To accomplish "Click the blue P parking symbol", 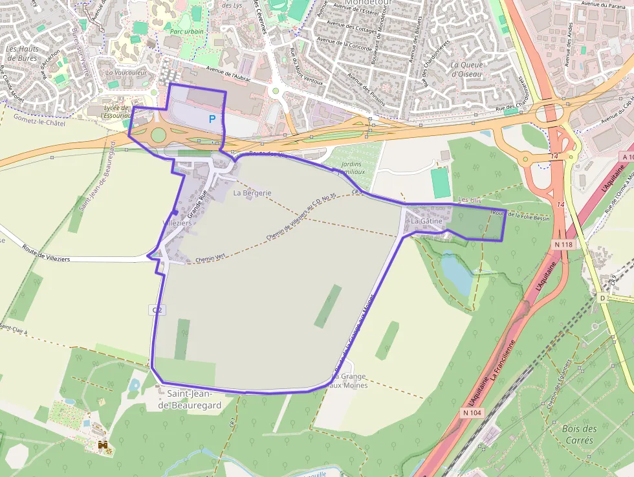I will [x=212, y=119].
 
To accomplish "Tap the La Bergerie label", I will [x=252, y=193].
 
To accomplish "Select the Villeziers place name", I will [x=177, y=223].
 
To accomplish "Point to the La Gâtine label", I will [x=427, y=221].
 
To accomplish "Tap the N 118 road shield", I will [x=564, y=245].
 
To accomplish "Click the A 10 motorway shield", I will [x=627, y=157].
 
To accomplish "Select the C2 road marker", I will [x=157, y=311].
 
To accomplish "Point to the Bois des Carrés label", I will [x=580, y=434].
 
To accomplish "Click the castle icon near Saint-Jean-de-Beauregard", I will [x=102, y=445].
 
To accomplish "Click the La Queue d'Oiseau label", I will [x=466, y=69].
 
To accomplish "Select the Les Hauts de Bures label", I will [x=22, y=53].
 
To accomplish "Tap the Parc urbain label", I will [x=186, y=31].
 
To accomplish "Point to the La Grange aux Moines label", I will [x=349, y=381].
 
